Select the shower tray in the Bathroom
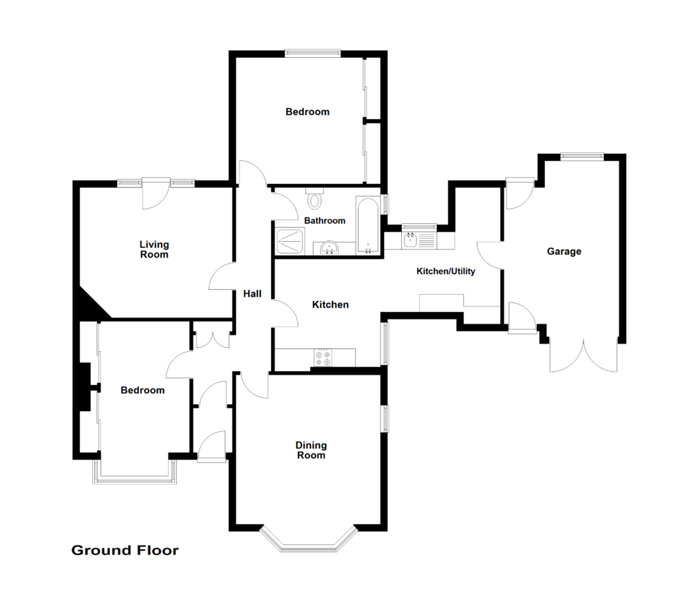(291, 241)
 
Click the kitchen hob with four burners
(322, 358)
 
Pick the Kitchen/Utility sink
(411, 240)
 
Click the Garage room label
(564, 251)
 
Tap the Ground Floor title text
(125, 550)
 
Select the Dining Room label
(310, 450)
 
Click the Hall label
(252, 294)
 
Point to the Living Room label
(154, 249)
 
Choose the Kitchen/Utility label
(446, 271)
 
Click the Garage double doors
(583, 356)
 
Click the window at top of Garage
(582, 156)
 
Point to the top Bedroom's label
(308, 112)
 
